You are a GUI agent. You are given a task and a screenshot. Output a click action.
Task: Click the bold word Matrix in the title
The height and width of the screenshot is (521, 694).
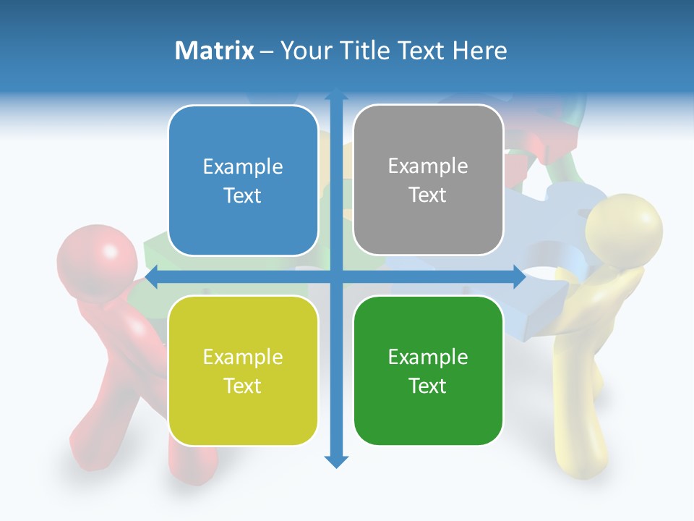pos(214,51)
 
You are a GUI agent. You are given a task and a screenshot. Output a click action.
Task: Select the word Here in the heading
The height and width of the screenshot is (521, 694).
pos(480,51)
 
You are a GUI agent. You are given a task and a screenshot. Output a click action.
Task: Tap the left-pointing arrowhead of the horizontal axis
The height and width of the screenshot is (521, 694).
pos(152,277)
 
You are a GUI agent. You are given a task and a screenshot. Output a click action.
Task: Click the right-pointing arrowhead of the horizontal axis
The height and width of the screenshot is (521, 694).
pos(519,277)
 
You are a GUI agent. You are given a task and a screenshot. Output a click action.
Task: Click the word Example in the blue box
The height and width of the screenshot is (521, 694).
pos(243,167)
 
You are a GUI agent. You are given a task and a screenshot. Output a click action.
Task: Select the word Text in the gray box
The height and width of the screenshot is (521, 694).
pos(428,195)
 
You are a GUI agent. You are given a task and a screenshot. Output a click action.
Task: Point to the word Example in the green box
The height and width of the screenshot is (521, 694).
pos(428,357)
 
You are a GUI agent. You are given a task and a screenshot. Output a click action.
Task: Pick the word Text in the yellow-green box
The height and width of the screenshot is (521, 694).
pos(243,386)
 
